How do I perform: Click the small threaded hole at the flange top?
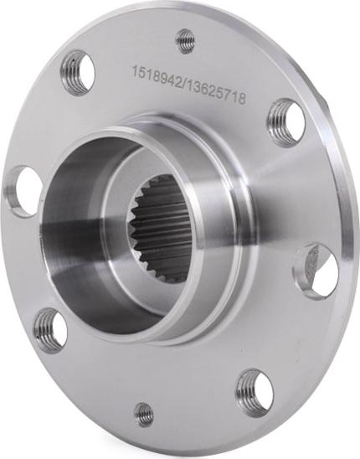pyautogui.click(x=186, y=39)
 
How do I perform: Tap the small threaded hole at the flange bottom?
pyautogui.click(x=144, y=413)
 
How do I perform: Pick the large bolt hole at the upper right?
pyautogui.click(x=286, y=122)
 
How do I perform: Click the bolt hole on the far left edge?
pyautogui.click(x=23, y=191)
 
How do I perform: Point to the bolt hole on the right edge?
pyautogui.click(x=316, y=271)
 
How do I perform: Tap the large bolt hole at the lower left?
pyautogui.click(x=50, y=330)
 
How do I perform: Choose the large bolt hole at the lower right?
pyautogui.click(x=254, y=391)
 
